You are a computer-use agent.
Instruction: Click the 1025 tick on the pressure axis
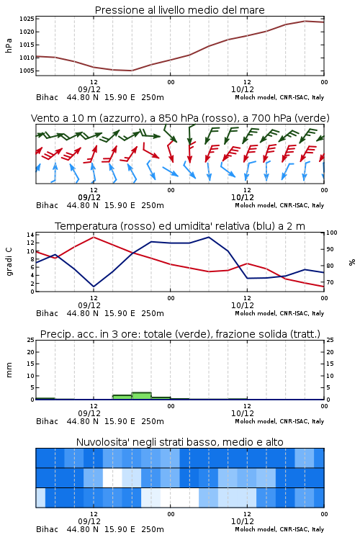(x=27, y=19)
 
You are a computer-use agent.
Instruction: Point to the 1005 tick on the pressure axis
(x=27, y=71)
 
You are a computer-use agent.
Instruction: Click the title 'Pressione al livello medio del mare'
(x=180, y=10)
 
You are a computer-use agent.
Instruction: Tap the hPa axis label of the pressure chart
(x=9, y=45)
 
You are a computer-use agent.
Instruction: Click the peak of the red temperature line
(x=94, y=237)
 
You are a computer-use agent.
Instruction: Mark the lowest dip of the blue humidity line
(x=94, y=287)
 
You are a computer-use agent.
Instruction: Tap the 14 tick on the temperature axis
(x=31, y=235)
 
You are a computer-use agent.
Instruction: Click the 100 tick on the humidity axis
(x=332, y=233)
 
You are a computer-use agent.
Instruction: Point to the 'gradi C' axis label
(x=9, y=262)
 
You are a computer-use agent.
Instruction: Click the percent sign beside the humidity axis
(x=352, y=262)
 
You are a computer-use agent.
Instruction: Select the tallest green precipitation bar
(x=142, y=396)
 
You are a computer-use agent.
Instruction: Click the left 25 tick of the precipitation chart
(x=31, y=340)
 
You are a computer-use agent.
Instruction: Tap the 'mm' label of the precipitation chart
(x=9, y=370)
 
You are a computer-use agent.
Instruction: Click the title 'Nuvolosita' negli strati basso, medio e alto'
(x=180, y=442)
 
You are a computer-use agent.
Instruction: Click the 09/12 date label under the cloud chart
(x=89, y=521)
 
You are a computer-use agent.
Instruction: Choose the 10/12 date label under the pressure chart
(x=242, y=89)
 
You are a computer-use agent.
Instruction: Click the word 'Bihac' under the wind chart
(x=48, y=206)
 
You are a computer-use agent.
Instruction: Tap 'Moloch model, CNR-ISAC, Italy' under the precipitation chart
(x=279, y=421)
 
